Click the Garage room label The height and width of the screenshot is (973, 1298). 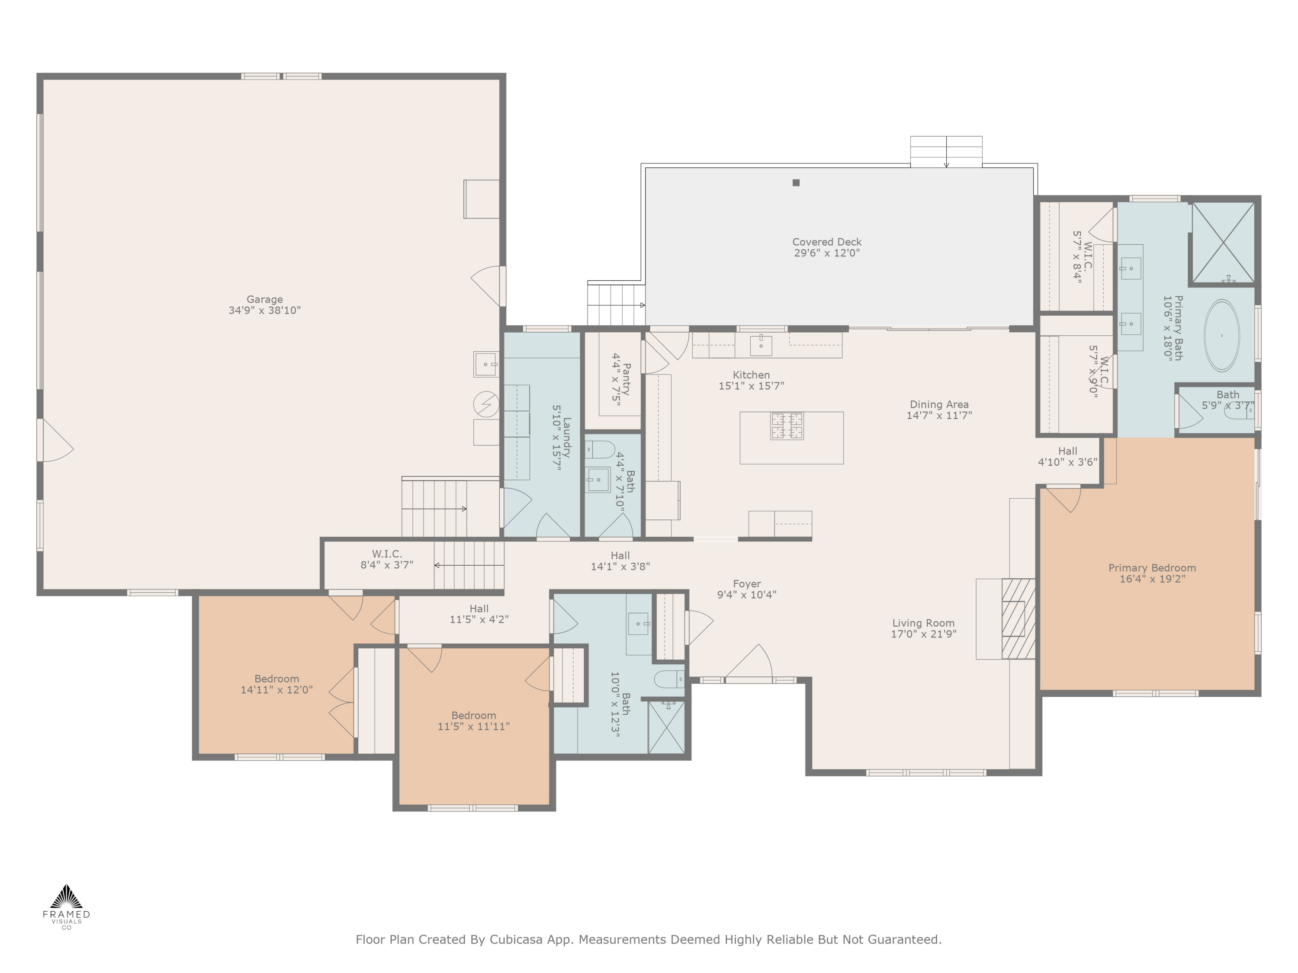[265, 299]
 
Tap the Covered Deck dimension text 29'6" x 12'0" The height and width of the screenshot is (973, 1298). [827, 253]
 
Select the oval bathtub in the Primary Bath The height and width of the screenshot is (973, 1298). [1222, 336]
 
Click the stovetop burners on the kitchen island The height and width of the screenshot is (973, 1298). [787, 426]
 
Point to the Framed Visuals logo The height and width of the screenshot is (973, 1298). [66, 907]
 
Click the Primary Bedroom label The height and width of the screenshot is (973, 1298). [1152, 568]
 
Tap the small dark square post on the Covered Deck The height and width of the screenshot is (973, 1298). [796, 182]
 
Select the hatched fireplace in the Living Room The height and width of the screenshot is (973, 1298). [1018, 619]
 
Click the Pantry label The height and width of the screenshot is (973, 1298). [627, 379]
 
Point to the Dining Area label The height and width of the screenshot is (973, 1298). [939, 404]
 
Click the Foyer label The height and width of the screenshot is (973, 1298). [746, 583]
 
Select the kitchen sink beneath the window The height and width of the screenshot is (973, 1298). [761, 346]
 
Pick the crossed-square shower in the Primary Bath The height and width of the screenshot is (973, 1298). [1223, 243]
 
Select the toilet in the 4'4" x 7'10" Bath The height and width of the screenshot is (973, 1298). [599, 450]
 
